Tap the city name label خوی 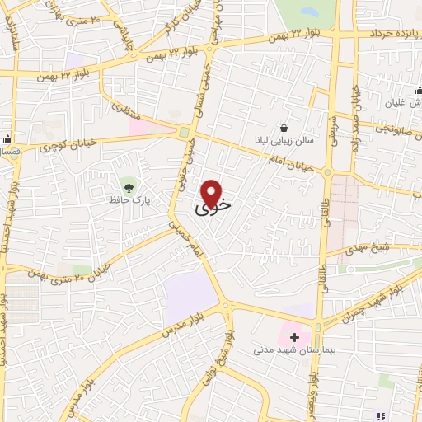[x=213, y=208]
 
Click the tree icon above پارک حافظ [x=126, y=182]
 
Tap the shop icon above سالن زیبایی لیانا [x=284, y=128]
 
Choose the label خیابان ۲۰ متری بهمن [x=59, y=268]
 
